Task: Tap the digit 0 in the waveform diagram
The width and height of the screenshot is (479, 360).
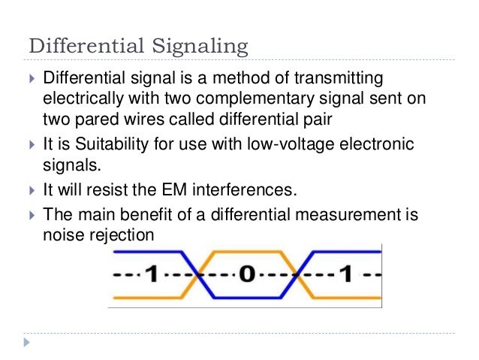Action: (x=246, y=274)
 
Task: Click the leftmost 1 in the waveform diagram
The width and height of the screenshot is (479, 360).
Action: (x=150, y=274)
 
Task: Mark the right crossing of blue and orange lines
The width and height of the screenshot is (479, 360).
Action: (x=297, y=275)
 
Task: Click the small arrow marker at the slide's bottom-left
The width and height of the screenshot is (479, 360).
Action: (x=28, y=343)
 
